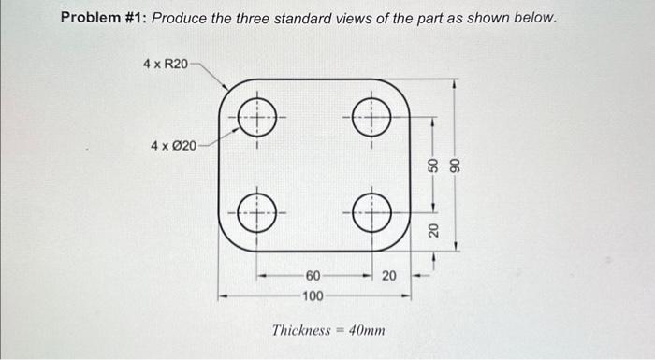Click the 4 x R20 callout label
[165, 64]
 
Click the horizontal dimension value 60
[313, 275]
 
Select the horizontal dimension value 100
[313, 296]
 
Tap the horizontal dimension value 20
[389, 275]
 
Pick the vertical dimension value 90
[456, 163]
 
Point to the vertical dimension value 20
[433, 230]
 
